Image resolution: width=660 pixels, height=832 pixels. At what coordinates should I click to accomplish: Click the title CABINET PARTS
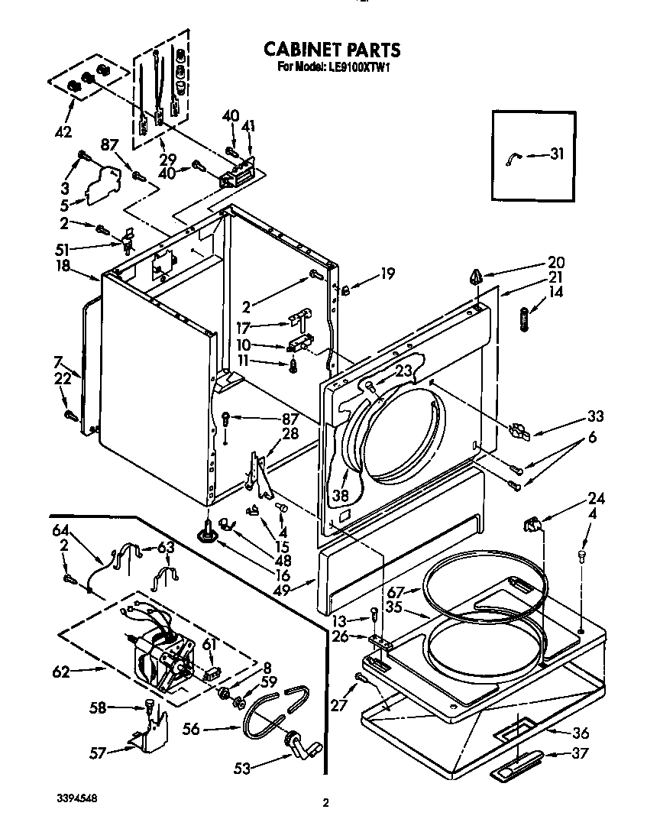pyautogui.click(x=332, y=50)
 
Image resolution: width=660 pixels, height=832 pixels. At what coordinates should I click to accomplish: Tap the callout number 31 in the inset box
pyautogui.click(x=557, y=154)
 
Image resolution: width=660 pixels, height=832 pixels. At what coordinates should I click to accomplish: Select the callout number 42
pyautogui.click(x=64, y=131)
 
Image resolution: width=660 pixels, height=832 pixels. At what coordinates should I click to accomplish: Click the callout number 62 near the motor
pyautogui.click(x=61, y=672)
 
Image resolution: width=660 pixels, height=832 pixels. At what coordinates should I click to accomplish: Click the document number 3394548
pyautogui.click(x=76, y=797)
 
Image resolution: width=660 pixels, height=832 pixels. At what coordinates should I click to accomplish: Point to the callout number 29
pyautogui.click(x=167, y=159)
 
